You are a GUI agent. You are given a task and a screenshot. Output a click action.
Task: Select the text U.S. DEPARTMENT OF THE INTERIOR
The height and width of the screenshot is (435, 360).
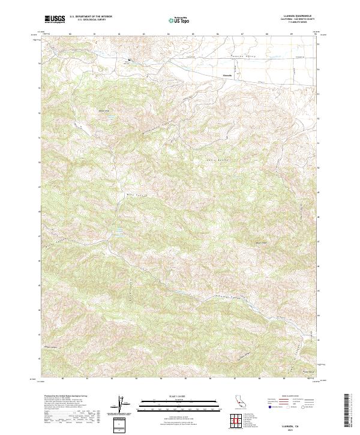[x=91, y=17]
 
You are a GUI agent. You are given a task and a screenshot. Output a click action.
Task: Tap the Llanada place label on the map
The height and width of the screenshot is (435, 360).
[x=227, y=76]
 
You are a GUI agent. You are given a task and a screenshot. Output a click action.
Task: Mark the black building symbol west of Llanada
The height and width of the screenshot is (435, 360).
[x=127, y=60]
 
